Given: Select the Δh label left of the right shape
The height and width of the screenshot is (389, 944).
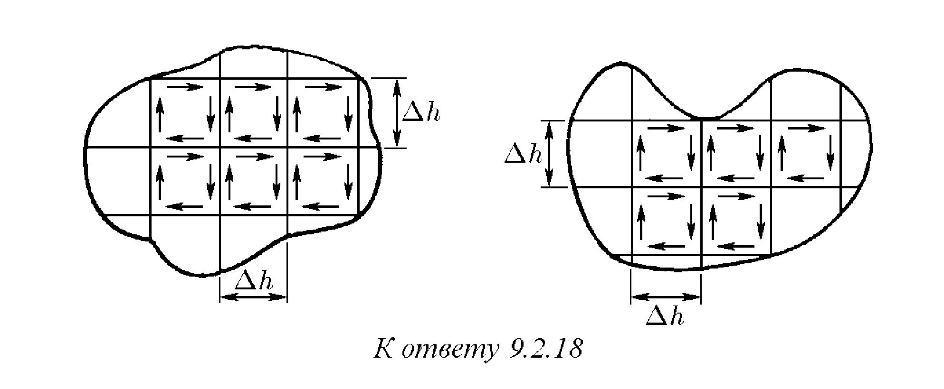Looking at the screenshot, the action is [x=524, y=155].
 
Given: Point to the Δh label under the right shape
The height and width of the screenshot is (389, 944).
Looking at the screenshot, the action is [x=665, y=316].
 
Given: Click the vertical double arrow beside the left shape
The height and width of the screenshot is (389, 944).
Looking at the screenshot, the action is [x=397, y=113].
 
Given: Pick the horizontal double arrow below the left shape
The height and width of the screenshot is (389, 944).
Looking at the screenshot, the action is [x=254, y=297].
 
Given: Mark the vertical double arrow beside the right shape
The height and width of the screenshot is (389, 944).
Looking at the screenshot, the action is [x=550, y=154].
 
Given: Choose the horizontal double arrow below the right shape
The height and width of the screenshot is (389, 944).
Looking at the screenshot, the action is [x=666, y=297].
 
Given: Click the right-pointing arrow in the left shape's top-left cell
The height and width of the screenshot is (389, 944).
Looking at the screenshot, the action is [x=185, y=87].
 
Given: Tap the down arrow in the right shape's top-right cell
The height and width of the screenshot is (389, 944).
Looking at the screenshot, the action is [x=830, y=153].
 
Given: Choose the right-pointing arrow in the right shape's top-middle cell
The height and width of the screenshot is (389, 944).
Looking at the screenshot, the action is [x=735, y=128].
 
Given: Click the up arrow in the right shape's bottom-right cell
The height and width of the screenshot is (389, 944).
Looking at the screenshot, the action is [x=712, y=222].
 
